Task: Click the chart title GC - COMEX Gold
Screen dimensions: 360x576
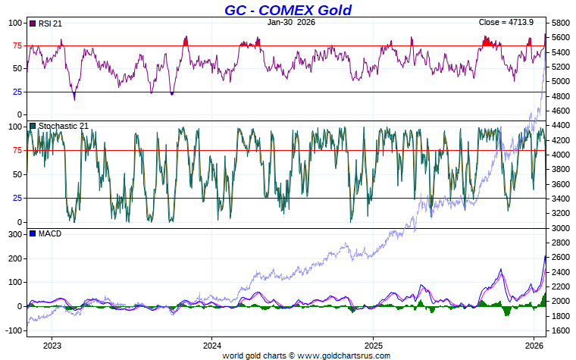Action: click(288, 10)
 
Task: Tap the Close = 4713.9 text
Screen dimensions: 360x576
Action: click(506, 22)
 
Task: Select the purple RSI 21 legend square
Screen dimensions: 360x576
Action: click(33, 23)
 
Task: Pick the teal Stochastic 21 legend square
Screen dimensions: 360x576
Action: click(33, 126)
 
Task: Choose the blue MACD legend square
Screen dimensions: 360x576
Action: click(33, 233)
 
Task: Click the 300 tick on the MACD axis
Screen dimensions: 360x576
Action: click(13, 235)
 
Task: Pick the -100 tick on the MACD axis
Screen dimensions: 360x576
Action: click(11, 330)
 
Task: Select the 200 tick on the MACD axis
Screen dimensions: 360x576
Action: click(13, 259)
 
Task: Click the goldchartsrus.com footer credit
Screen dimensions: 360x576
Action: click(306, 355)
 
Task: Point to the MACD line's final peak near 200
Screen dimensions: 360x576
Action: click(545, 257)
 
